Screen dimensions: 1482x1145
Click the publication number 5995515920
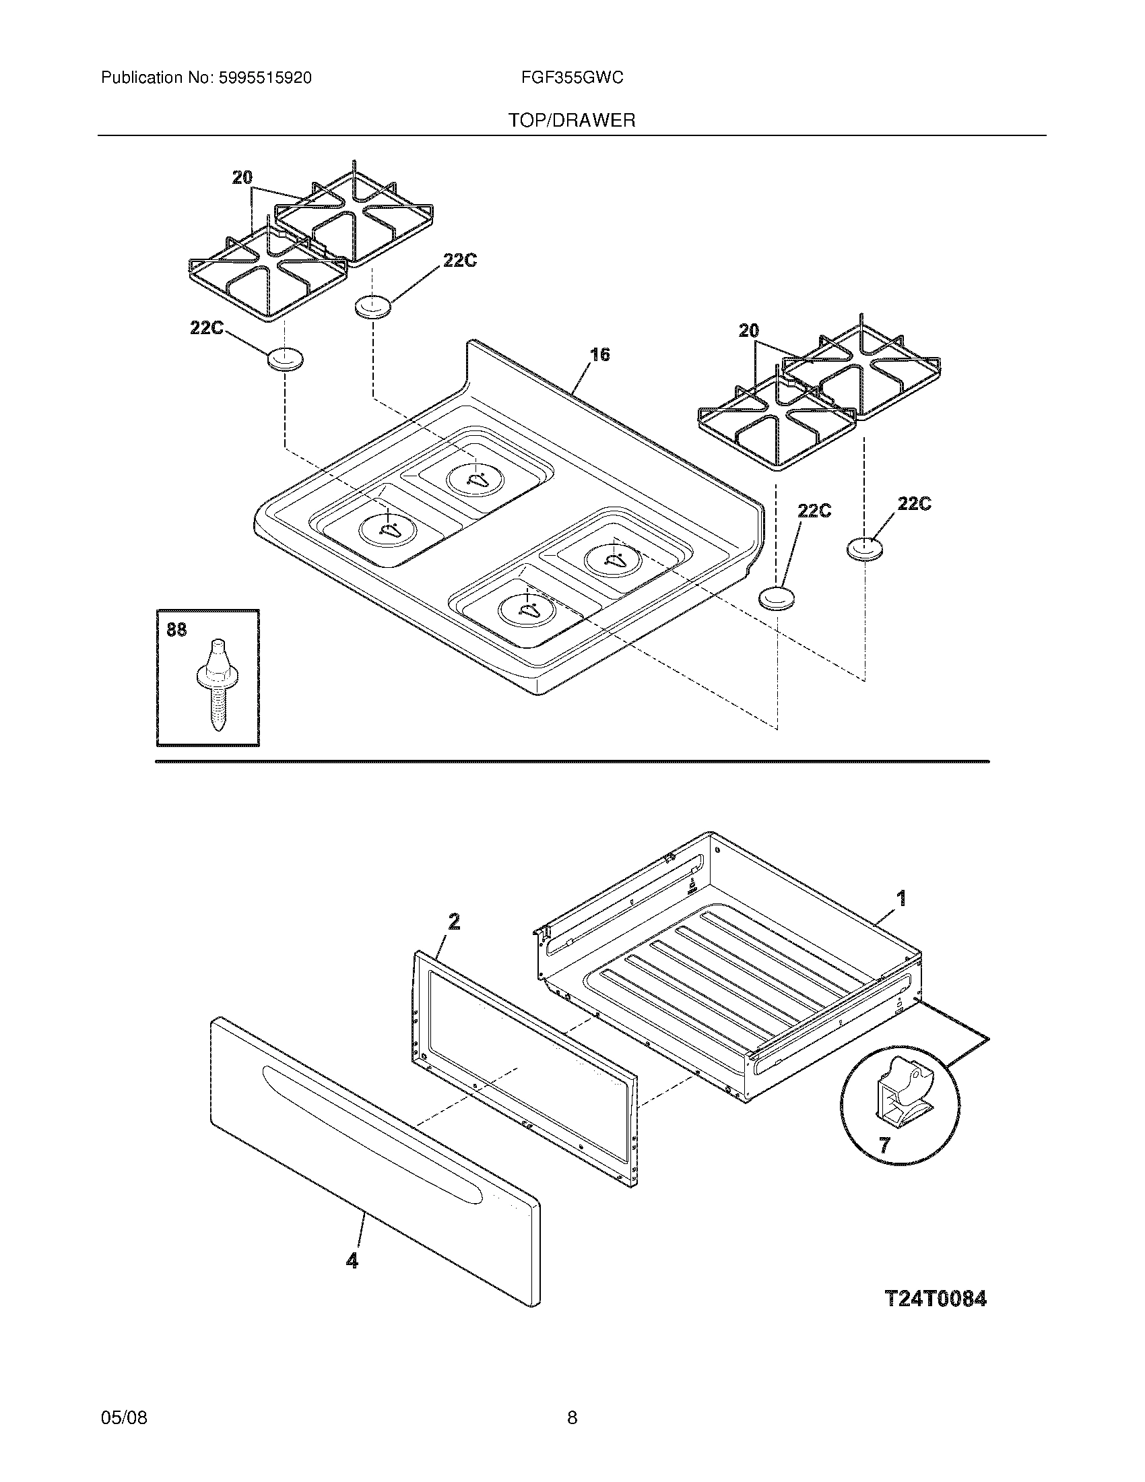click(x=265, y=78)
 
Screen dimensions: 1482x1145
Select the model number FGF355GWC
click(x=572, y=78)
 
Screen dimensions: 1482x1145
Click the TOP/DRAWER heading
click(x=572, y=121)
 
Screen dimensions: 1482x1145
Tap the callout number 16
click(x=599, y=354)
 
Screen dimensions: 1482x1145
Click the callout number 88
click(x=176, y=630)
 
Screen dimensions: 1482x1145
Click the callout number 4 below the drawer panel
click(x=352, y=1261)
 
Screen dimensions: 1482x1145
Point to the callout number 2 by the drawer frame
click(x=454, y=921)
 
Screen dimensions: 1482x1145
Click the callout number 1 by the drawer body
click(x=901, y=899)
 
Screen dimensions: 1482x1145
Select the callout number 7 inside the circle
click(x=884, y=1145)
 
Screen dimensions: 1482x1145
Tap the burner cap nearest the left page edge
click(x=286, y=359)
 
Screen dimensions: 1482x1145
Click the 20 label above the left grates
click(x=242, y=178)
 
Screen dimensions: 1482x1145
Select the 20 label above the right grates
click(x=748, y=331)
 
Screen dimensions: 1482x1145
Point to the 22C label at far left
click(x=207, y=328)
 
